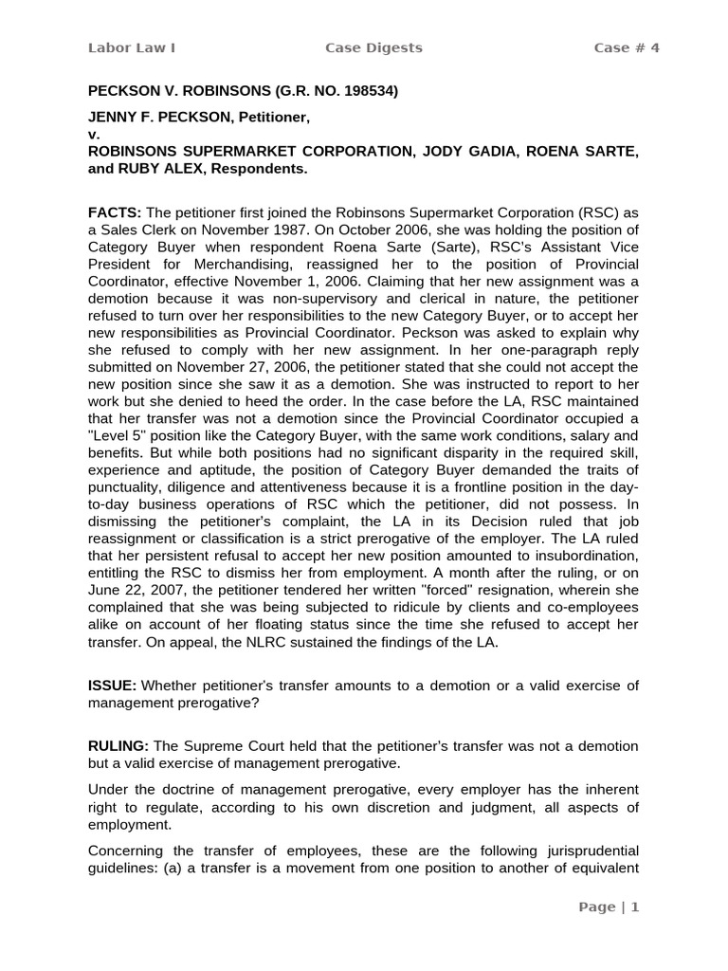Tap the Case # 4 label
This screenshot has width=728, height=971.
[626, 48]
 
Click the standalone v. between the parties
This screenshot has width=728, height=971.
[93, 135]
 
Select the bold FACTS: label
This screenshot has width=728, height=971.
[115, 212]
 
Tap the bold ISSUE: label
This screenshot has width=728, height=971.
[113, 686]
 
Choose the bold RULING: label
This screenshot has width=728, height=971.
[118, 747]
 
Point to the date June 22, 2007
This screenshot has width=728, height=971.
[132, 590]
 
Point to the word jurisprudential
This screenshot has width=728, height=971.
[585, 850]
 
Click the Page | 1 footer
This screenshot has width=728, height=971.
[610, 907]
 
